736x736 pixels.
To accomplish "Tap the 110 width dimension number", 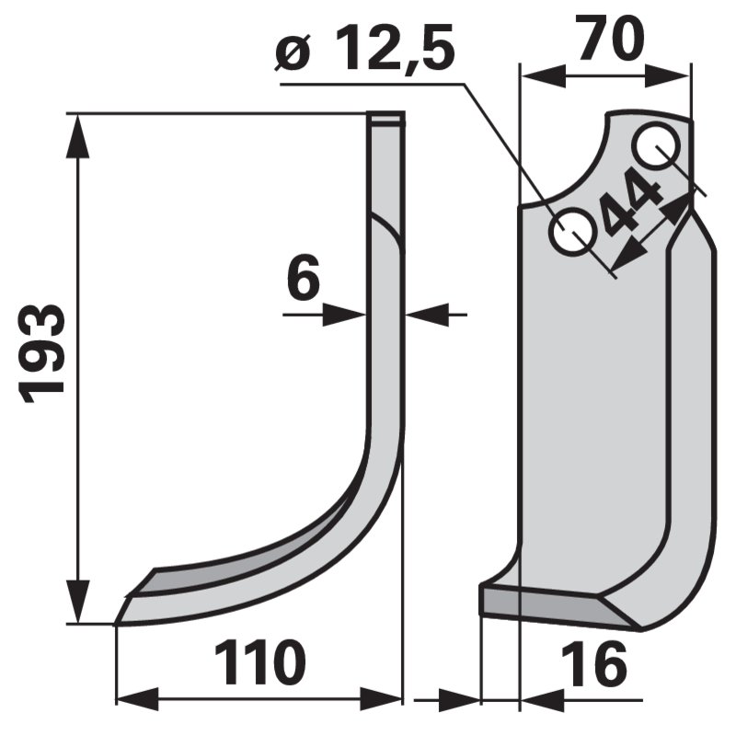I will coord(259,664).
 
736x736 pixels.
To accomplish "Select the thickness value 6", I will coord(304,280).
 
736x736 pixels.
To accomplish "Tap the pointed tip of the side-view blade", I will coord(118,623).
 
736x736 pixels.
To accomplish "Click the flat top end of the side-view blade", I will coord(386,118).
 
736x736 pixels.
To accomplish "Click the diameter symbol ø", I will coord(292,57).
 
